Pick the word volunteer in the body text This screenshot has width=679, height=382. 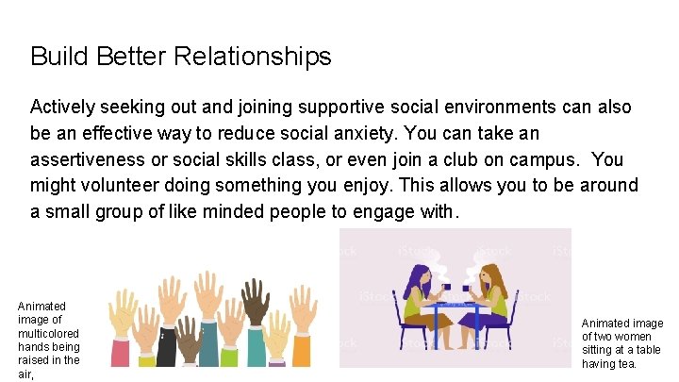click(x=127, y=186)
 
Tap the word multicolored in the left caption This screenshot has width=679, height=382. click(x=48, y=334)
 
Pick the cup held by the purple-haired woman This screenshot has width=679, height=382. click(x=445, y=286)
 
